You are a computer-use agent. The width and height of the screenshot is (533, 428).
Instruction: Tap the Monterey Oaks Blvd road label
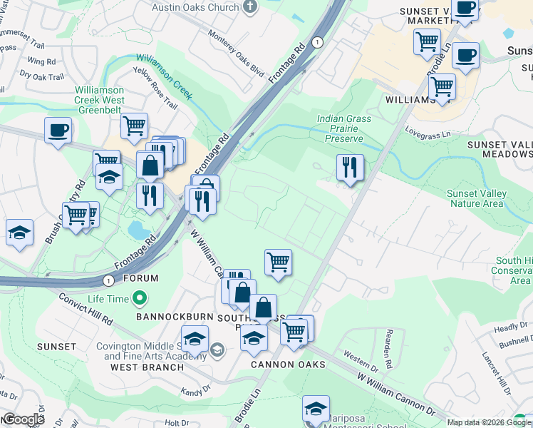point(234,49)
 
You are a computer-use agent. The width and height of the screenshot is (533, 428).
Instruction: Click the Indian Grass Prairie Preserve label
point(340,128)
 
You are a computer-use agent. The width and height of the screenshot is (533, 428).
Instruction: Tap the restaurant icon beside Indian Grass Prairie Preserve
point(350,168)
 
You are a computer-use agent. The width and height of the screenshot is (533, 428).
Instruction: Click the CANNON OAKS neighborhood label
point(288,365)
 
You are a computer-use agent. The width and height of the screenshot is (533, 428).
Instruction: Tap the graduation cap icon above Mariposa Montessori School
point(316,409)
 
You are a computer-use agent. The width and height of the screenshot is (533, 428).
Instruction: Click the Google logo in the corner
point(23,419)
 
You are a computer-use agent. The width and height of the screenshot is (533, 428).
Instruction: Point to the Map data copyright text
point(480,422)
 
